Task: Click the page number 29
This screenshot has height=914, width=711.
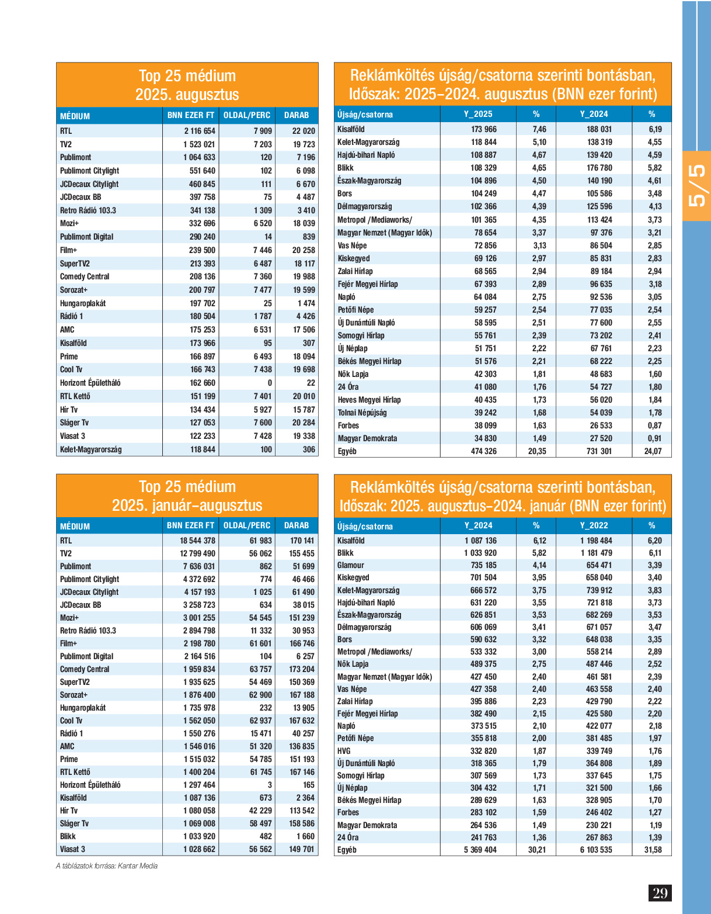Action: point(660,893)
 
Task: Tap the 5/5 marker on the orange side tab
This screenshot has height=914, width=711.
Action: point(697,186)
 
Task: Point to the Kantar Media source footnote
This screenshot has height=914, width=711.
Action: point(107,865)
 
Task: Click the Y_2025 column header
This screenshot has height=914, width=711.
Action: point(478,114)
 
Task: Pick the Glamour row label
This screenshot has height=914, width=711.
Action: point(350,565)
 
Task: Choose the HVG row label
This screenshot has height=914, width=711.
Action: point(344,751)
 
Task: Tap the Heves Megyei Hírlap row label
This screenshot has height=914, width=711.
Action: point(369,400)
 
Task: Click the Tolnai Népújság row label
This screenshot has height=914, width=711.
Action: point(362,413)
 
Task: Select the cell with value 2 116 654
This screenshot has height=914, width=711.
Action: point(200,131)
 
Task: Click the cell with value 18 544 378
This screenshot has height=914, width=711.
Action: point(197,541)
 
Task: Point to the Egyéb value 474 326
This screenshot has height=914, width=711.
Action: point(484,451)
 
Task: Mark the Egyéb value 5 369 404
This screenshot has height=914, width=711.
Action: point(480,850)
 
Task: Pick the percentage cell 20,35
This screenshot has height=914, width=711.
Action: point(537,451)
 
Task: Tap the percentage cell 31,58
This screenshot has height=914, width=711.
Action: point(653,850)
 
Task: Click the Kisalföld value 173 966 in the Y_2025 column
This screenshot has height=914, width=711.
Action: point(484,129)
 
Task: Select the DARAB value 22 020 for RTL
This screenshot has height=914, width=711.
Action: point(304,131)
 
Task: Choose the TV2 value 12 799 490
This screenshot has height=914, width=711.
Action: point(197,553)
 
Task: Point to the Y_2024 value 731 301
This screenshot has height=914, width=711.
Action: point(599,451)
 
